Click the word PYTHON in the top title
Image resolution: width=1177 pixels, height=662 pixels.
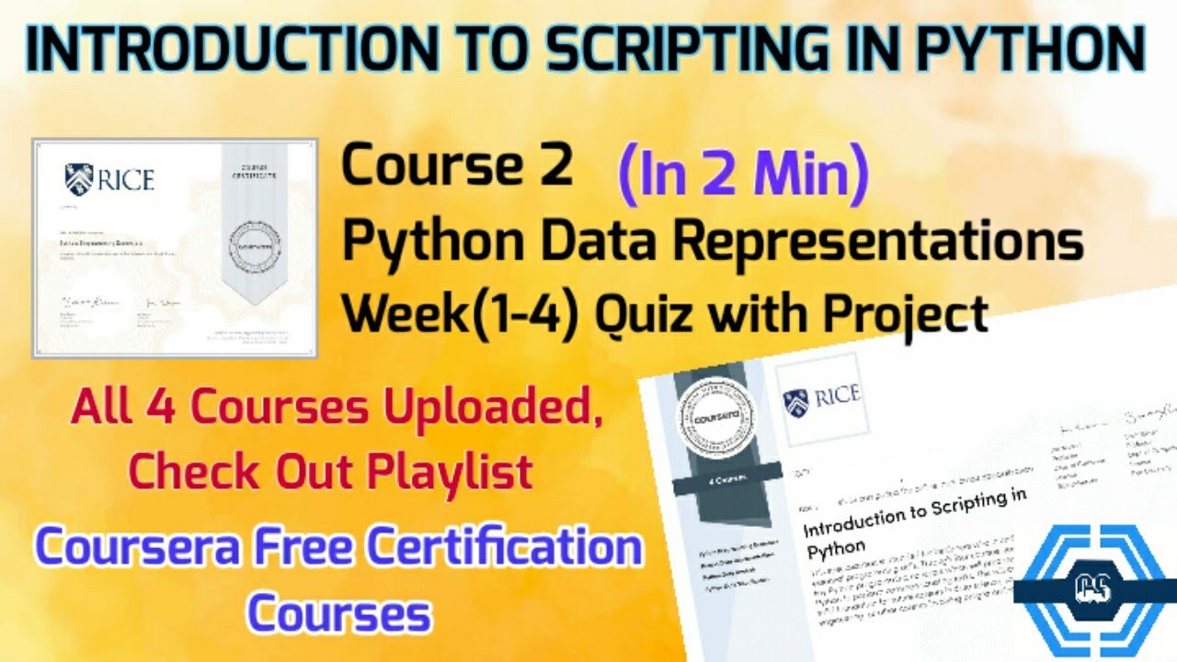coord(1037,51)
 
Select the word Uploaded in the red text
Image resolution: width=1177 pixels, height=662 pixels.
coord(502,407)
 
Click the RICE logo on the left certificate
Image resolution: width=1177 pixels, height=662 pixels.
coord(110,178)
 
